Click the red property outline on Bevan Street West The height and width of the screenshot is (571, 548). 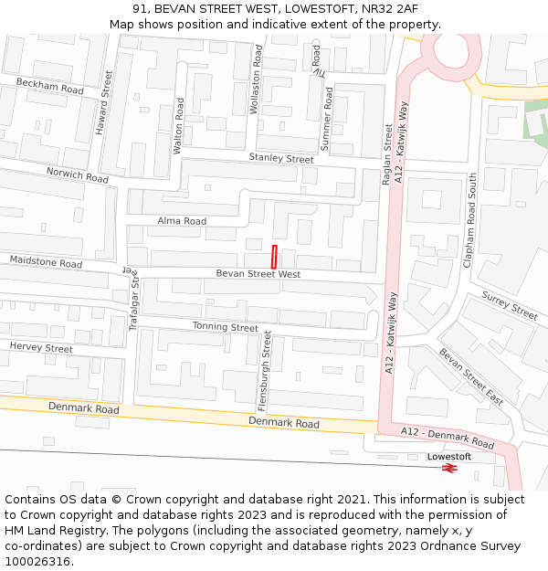tap(273, 257)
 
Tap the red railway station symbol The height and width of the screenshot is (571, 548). tap(448, 468)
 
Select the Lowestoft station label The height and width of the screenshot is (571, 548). tap(449, 456)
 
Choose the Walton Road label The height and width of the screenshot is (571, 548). tap(179, 125)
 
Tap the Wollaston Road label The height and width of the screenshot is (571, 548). tap(256, 81)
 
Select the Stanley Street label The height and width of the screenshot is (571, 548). tap(281, 159)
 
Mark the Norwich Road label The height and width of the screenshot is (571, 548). tap(78, 174)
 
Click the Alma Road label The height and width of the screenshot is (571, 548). tap(182, 221)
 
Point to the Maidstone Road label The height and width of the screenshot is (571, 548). tap(46, 262)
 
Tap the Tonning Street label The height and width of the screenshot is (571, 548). tap(226, 327)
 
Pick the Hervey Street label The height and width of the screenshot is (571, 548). tap(41, 348)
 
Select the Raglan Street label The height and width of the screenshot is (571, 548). tap(387, 155)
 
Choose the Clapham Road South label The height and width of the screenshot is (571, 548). tap(472, 220)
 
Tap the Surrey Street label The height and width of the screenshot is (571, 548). tap(510, 306)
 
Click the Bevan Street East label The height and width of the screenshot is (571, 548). tap(471, 376)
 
